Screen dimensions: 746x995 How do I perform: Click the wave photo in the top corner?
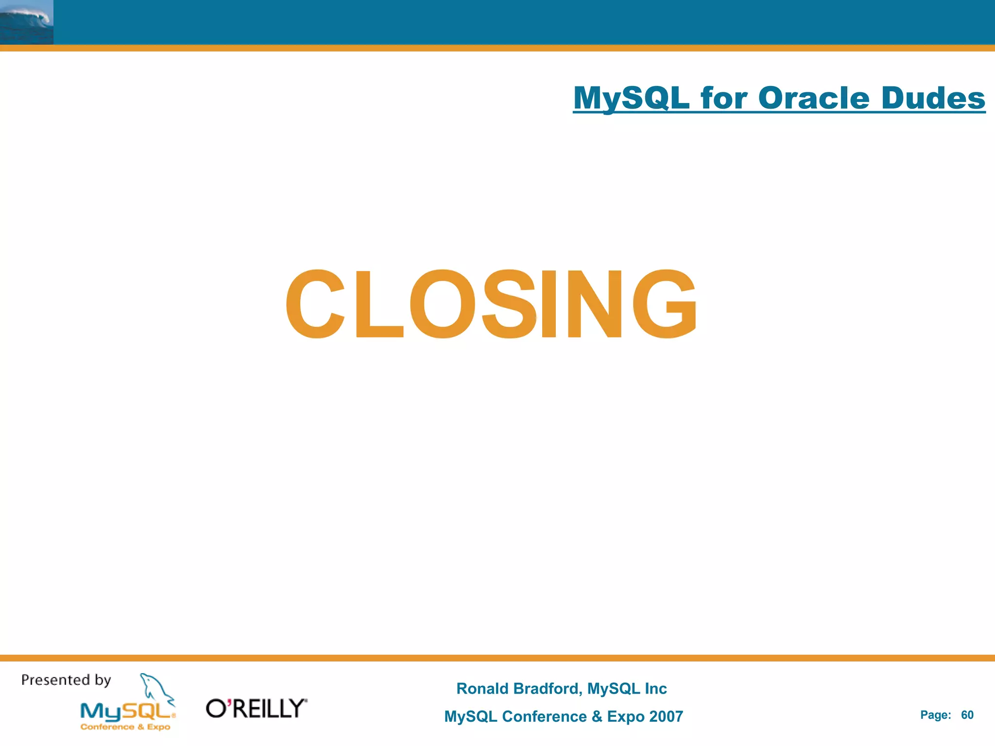point(26,22)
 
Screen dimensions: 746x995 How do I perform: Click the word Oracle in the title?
point(813,98)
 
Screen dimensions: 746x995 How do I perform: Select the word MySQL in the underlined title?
point(631,99)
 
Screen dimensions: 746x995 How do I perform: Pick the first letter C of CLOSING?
point(315,304)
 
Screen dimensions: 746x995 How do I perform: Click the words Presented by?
point(66,680)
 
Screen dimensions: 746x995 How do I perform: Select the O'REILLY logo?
point(257,709)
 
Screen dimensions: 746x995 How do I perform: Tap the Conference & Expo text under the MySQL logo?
point(125,727)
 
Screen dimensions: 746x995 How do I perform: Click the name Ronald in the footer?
point(482,689)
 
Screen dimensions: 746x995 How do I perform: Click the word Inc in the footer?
point(655,689)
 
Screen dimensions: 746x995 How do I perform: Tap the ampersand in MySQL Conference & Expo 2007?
point(597,716)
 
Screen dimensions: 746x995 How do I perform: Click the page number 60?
point(967,715)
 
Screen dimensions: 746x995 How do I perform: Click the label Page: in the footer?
point(935,715)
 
